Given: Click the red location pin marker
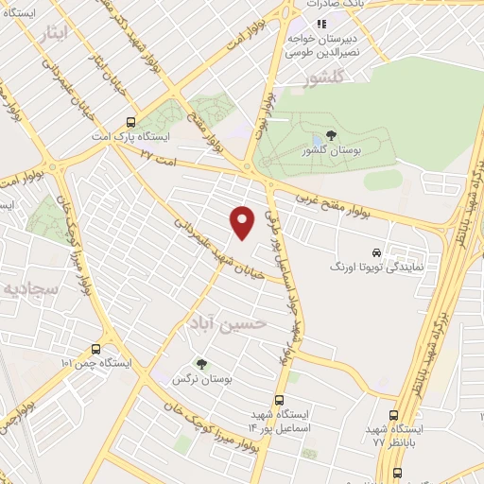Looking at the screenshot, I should point(243,221).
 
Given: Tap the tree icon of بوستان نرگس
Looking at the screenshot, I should point(200,363).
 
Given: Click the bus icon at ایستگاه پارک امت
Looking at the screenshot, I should point(130,122).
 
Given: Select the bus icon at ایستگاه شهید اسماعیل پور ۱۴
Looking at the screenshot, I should point(280,400).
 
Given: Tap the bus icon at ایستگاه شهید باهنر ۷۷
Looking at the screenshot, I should point(394,415).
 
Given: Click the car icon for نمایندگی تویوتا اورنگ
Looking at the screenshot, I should point(376,252).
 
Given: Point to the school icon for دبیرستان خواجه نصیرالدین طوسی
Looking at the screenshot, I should point(321,23).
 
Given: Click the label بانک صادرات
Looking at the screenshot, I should point(342,5).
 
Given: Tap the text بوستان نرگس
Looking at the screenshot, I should point(201,378).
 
